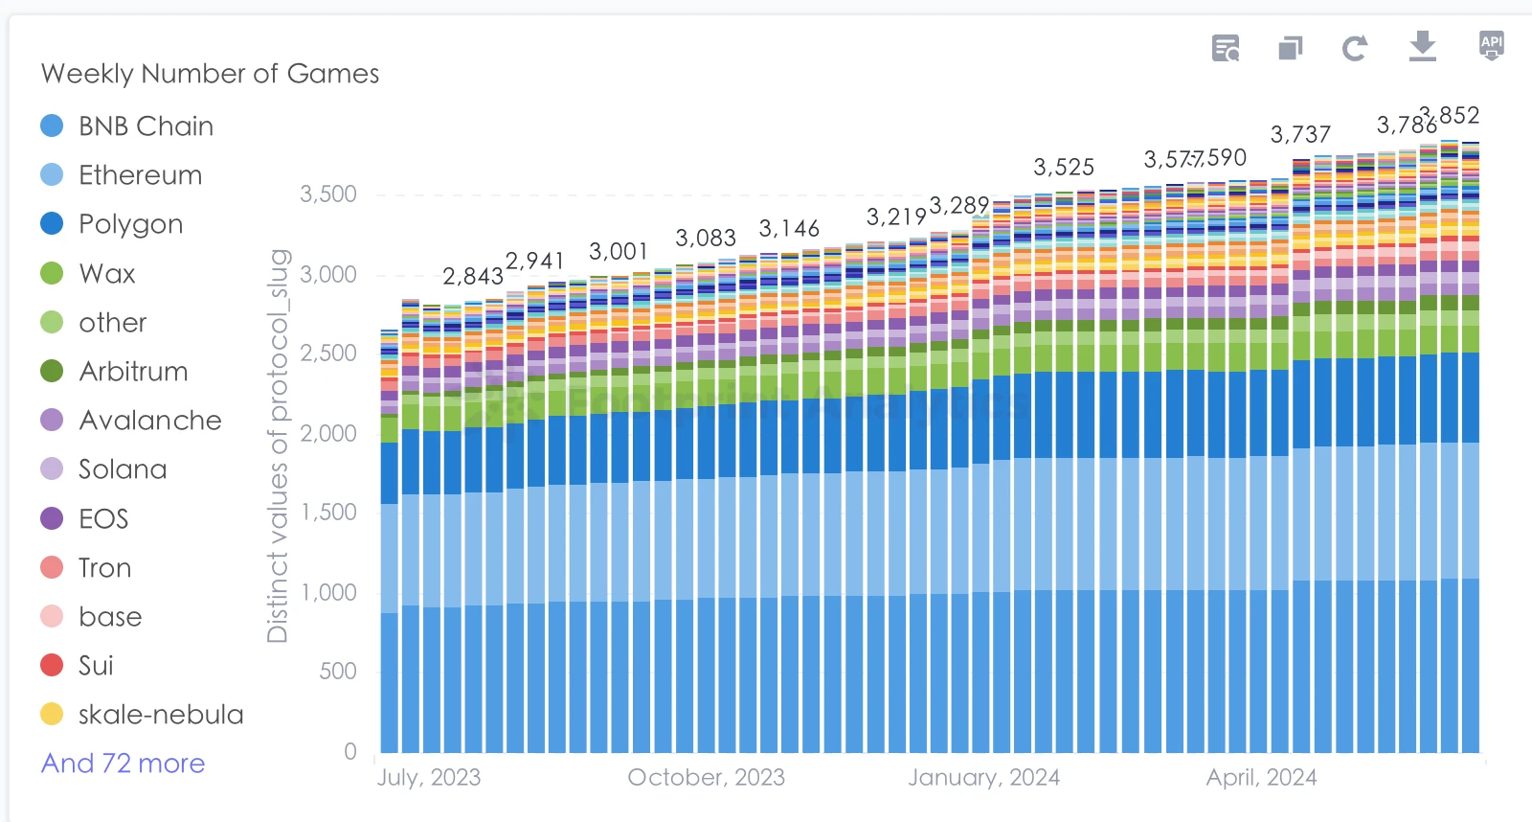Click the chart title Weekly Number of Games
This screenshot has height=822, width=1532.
coord(210,74)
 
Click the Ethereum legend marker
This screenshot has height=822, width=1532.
coord(52,175)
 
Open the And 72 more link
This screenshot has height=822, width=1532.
coord(123,764)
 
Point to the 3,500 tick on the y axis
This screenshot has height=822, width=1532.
coord(328,194)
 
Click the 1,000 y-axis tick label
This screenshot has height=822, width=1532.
coord(328,593)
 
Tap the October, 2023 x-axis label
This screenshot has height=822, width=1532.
coord(706,778)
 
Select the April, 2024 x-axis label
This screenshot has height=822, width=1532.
coord(1261,778)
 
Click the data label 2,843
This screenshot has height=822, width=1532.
coord(473,277)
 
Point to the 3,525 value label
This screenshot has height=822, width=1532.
coord(1064,168)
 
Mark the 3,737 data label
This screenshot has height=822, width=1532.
coord(1300,135)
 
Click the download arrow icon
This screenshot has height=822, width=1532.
coord(1423,46)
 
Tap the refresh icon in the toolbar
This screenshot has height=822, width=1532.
coord(1354,48)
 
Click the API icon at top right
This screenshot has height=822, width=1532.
coord(1492,45)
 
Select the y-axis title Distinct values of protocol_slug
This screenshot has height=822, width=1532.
coord(278,445)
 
